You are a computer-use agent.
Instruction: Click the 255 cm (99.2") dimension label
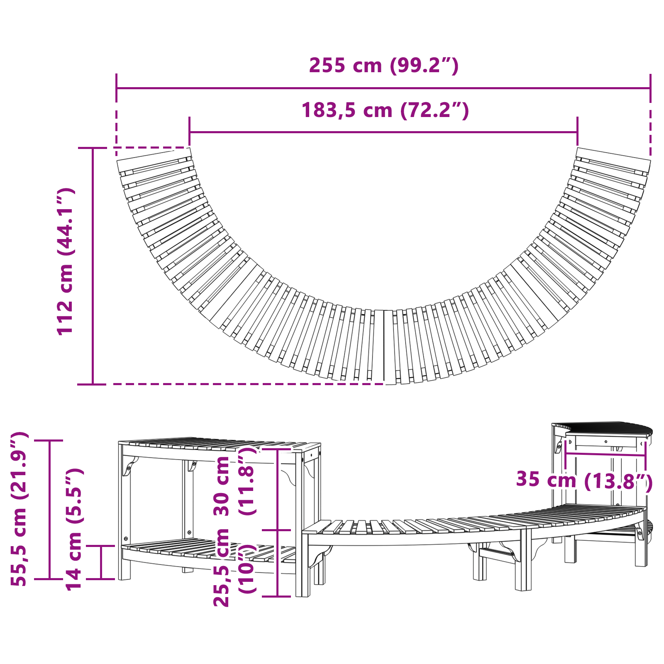click(384, 66)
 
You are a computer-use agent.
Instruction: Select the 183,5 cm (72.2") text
click(385, 110)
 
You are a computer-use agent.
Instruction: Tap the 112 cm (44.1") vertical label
click(66, 261)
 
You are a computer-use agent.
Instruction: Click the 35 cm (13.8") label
click(584, 480)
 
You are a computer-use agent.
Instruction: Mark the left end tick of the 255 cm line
click(117, 88)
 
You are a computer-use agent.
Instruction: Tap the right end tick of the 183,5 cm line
click(577, 132)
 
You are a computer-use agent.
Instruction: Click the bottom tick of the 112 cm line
click(92, 384)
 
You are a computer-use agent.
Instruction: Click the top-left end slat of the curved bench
click(154, 159)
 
